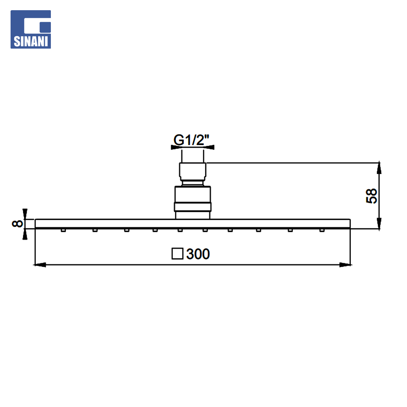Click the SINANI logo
pyautogui.click(x=31, y=29)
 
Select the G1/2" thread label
pyautogui.click(x=191, y=140)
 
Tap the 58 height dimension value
pyautogui.click(x=372, y=196)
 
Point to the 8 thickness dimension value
pyautogui.click(x=17, y=223)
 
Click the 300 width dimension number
pyautogui.click(x=198, y=254)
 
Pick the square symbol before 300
pyautogui.click(x=177, y=254)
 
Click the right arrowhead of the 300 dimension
pyautogui.click(x=346, y=265)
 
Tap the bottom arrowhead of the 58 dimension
pyautogui.click(x=379, y=224)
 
